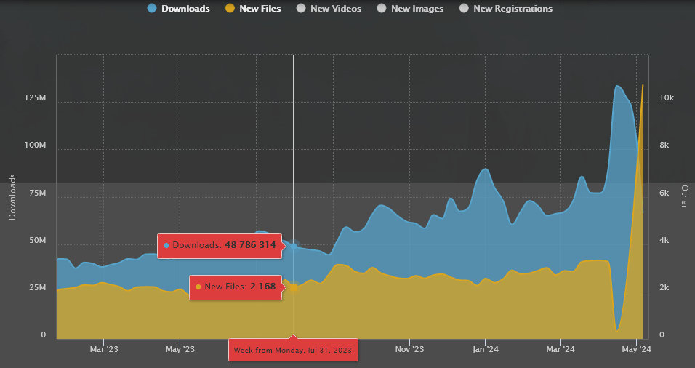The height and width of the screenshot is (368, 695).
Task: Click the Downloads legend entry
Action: click(178, 9)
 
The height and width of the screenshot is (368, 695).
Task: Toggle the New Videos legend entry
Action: click(328, 9)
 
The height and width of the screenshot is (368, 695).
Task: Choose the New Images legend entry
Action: click(410, 9)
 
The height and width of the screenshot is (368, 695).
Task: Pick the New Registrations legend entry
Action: click(505, 9)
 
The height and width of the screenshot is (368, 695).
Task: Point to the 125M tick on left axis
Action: click(33, 97)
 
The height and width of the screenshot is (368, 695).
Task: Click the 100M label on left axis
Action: click(33, 145)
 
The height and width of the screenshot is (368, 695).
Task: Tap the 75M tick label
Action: click(36, 193)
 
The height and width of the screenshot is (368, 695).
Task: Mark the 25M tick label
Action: click(36, 288)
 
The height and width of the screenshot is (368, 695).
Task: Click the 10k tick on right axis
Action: click(667, 97)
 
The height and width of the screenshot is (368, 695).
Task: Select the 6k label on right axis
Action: click(664, 193)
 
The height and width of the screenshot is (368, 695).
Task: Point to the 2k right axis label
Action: click(664, 288)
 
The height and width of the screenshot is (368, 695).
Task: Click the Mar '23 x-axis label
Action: click(103, 350)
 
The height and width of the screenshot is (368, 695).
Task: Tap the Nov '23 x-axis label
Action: click(410, 350)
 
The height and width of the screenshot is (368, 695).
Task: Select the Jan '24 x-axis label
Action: click(485, 350)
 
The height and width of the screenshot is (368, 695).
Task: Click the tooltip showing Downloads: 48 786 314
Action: click(220, 246)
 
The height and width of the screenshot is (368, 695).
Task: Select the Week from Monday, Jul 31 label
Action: click(292, 351)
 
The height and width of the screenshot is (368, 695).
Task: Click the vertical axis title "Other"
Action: click(684, 196)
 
